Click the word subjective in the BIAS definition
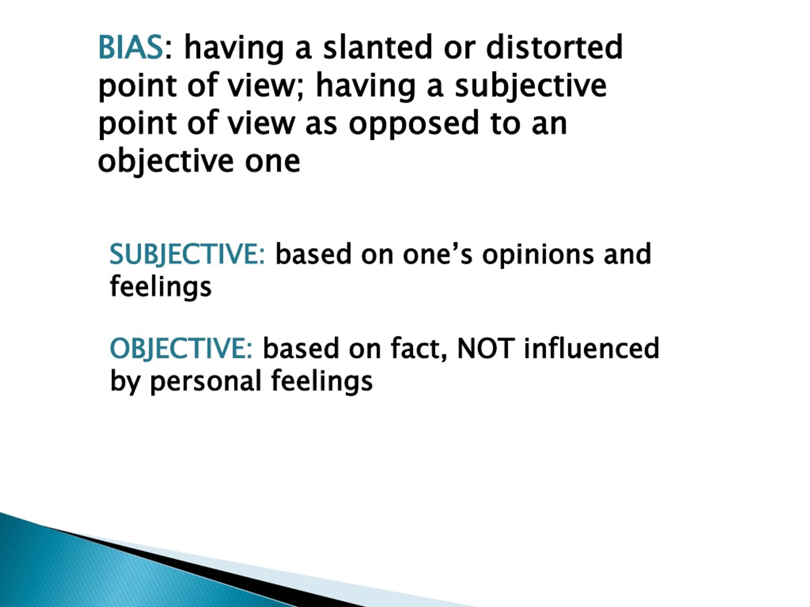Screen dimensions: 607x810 point(531,86)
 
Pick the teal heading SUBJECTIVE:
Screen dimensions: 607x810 point(187,254)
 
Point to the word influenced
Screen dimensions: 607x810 point(591,348)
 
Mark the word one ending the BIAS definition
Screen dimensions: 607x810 point(272,162)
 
